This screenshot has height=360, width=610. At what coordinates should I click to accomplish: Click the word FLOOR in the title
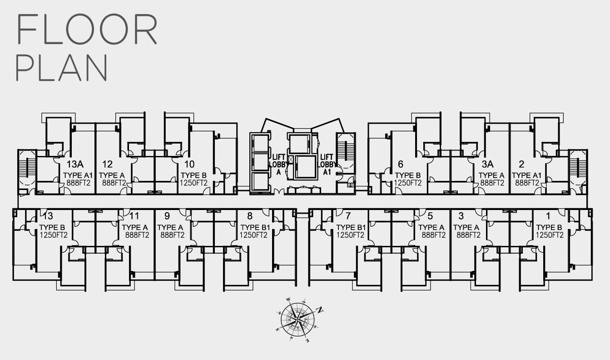87,30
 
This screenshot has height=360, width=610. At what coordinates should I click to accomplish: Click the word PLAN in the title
62,68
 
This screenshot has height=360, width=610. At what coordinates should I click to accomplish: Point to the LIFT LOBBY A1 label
327,164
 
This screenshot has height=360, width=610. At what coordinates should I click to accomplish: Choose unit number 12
108,164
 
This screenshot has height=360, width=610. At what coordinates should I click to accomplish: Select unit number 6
400,164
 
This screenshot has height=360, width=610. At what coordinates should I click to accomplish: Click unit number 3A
487,164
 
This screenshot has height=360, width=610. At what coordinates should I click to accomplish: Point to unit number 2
521,164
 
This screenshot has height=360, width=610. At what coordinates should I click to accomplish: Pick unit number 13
47,215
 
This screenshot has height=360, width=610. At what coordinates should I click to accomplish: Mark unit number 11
134,215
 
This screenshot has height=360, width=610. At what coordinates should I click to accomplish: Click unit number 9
167,215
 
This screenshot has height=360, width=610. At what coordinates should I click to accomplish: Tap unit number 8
250,216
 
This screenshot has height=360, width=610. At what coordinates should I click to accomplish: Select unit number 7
348,215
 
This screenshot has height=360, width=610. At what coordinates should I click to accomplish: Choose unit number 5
430,215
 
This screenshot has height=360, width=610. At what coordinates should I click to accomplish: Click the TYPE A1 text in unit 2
528,175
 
